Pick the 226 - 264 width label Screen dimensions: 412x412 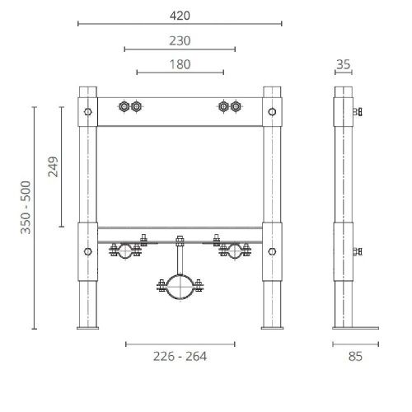pos(180,356)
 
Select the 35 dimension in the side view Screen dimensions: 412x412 pos(344,64)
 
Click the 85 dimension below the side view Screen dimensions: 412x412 pos(354,356)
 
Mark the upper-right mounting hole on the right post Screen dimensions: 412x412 pos(272,109)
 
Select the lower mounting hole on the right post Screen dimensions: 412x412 pos(272,250)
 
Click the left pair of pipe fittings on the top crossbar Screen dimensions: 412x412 pos(130,106)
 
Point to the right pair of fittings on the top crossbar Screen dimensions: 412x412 pos(229,106)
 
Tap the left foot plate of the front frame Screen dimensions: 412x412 pos(87,330)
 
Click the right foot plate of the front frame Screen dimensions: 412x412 pos(272,330)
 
